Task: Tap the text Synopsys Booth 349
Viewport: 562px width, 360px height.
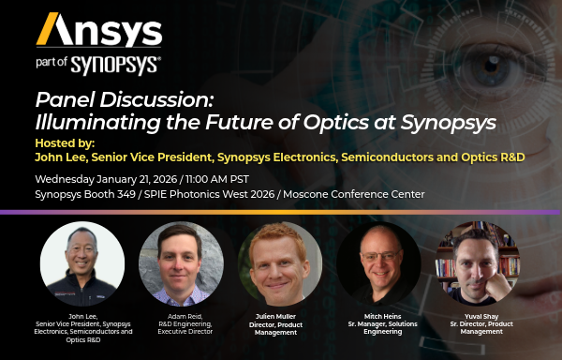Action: coord(86,194)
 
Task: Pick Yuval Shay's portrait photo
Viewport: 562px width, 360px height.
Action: coord(476,259)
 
